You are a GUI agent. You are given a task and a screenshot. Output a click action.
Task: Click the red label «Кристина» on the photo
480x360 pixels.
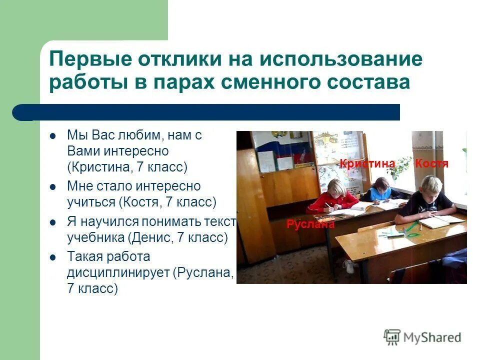(367, 163)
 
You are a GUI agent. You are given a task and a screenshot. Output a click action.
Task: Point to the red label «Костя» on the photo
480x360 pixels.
(431, 163)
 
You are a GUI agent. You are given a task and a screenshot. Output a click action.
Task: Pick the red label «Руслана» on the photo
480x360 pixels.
(310, 224)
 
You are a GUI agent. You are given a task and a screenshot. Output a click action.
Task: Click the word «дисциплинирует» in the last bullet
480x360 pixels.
(118, 273)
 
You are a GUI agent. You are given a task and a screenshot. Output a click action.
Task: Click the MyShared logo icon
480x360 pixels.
(392, 337)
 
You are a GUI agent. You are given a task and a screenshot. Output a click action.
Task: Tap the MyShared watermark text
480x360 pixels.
(433, 338)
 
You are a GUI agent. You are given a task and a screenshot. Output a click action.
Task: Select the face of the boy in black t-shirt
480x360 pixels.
(431, 191)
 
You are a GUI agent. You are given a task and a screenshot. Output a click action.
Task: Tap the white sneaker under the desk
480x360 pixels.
(348, 266)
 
